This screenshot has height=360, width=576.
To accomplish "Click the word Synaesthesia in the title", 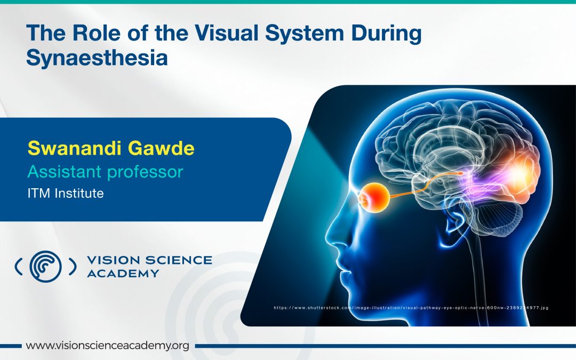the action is click(x=97, y=58).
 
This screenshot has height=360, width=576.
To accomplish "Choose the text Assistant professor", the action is click(x=106, y=172).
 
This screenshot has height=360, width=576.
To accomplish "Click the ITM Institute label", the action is click(x=66, y=193).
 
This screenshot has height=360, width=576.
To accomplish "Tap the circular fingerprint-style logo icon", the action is click(x=45, y=266).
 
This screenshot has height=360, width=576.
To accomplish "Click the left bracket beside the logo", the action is click(x=18, y=266).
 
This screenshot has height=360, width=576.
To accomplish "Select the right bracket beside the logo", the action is click(x=73, y=266).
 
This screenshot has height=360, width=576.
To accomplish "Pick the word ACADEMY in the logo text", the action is click(x=123, y=273).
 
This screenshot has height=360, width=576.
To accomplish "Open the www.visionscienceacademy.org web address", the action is click(x=108, y=346).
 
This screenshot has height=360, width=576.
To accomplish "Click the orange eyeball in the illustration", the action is click(x=375, y=196).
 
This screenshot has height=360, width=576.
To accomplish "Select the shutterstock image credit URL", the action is click(x=411, y=308).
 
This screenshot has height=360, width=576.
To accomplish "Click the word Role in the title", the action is click(x=96, y=33).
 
